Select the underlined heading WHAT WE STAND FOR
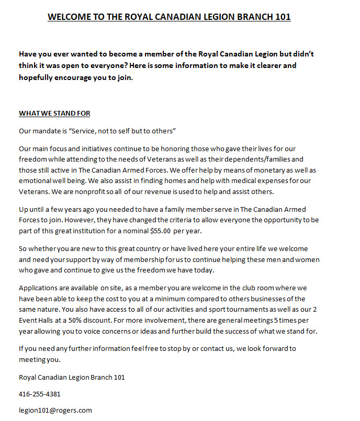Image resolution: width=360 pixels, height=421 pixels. [54, 113]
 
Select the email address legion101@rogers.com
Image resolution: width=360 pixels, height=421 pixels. [55, 410]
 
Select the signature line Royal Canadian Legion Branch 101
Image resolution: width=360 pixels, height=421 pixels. [72, 377]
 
